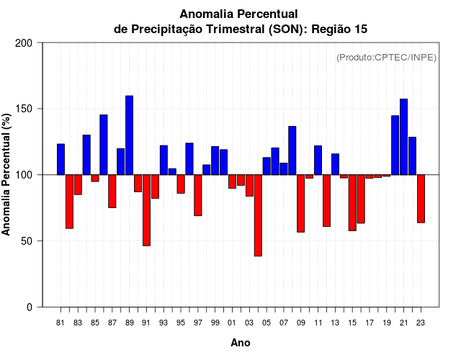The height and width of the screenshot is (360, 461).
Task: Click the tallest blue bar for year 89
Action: (130, 135)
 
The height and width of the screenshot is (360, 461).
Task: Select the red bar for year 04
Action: (258, 215)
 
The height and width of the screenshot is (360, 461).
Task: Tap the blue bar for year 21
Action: (404, 137)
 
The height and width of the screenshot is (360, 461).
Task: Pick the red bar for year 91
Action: (146, 210)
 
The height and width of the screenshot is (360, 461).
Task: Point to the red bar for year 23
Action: (421, 199)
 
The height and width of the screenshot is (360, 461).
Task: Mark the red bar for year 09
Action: (300, 203)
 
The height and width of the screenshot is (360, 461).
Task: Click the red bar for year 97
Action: (198, 195)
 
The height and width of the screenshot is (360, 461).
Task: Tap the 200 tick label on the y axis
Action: (24, 43)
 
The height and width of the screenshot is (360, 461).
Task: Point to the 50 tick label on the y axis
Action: (27, 241)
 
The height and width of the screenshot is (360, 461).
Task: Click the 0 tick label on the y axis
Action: (30, 307)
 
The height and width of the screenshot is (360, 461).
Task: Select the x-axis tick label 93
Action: (164, 323)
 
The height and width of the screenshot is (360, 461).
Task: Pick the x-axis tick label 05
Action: (267, 323)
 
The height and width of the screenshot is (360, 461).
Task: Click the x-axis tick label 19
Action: (387, 323)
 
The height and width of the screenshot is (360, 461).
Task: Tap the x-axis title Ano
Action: (241, 343)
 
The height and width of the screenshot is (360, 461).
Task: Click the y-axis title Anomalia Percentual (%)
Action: (6, 175)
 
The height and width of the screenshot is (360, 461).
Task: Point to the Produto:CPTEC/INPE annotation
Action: (386, 57)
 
